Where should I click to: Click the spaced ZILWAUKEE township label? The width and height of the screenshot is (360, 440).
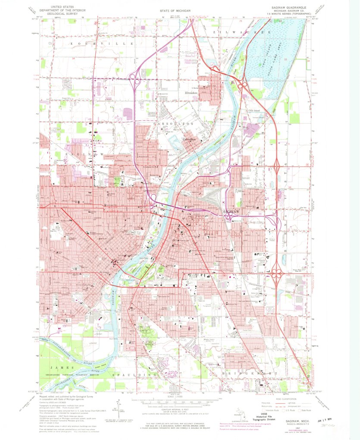pyautogui.click(x=233, y=32)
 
